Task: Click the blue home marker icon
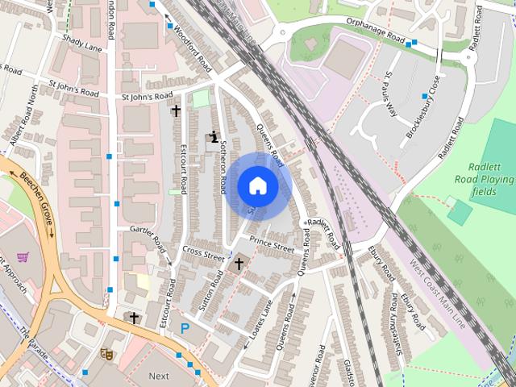[257, 186]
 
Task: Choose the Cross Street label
[203, 254]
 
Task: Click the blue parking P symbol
[185, 328]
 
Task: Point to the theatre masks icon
[106, 353]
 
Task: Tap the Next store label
[159, 376]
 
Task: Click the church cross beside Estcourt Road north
[176, 110]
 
